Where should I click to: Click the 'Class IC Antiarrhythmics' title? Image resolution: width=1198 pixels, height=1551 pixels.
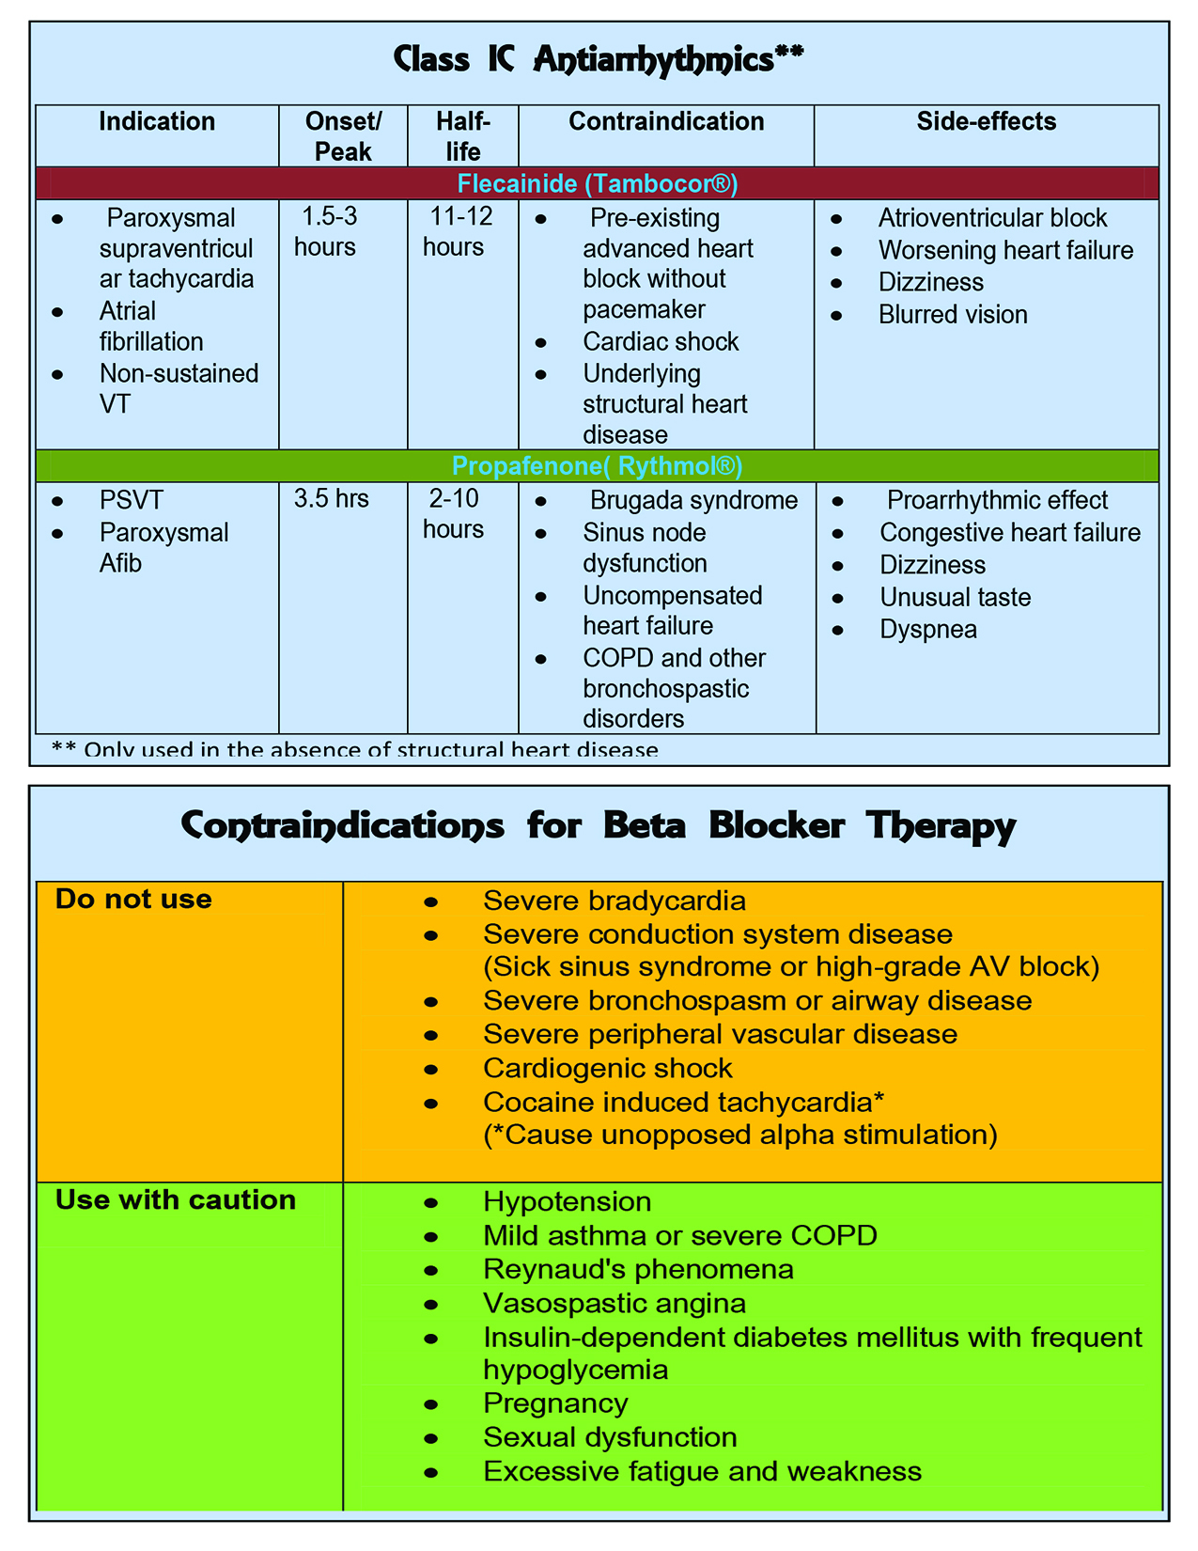click(598, 60)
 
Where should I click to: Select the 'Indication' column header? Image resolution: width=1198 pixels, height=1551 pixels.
click(157, 122)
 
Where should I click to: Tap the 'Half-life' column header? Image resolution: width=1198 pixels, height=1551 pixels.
click(463, 136)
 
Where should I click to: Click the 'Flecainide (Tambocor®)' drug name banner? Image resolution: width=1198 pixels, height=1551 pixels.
click(598, 183)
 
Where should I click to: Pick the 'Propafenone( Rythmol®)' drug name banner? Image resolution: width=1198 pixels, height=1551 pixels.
click(598, 466)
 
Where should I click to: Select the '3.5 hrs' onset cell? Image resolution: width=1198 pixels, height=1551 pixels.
click(332, 499)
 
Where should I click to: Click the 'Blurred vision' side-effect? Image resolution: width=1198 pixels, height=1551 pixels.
click(953, 315)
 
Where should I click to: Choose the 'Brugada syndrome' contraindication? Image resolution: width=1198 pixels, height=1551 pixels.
click(693, 500)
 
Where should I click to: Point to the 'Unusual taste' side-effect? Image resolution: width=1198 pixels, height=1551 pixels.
click(955, 598)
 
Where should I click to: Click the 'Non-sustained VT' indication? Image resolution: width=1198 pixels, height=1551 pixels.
click(179, 388)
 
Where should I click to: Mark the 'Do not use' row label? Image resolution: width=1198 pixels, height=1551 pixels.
click(133, 900)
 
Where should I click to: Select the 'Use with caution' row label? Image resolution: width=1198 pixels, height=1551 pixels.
click(176, 1200)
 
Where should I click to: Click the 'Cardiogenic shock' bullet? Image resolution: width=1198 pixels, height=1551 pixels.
click(607, 1069)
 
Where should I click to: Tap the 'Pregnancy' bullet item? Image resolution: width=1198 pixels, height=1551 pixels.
click(555, 1403)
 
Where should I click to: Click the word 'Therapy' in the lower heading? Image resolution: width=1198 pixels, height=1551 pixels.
click(941, 827)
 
